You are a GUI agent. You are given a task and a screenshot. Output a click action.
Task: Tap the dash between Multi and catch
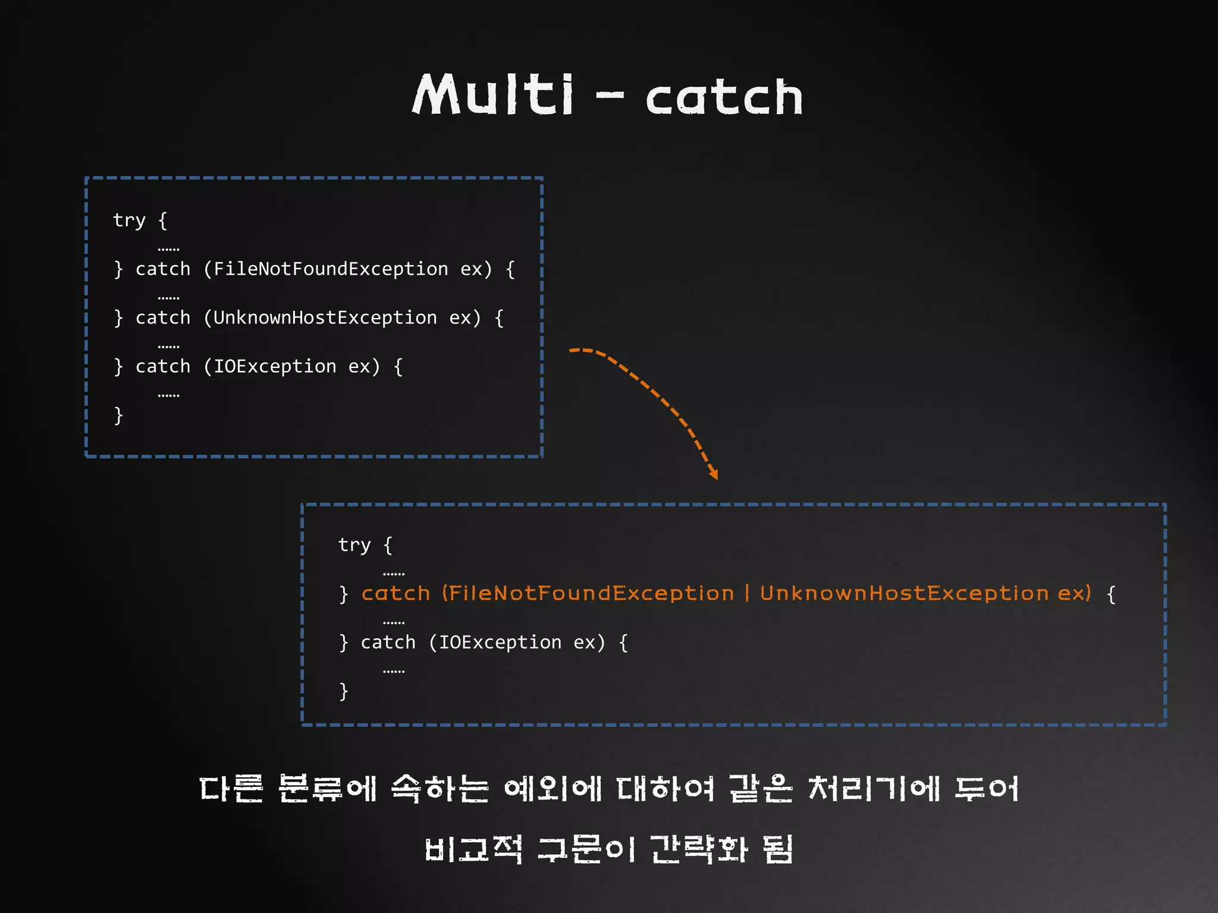[x=610, y=95]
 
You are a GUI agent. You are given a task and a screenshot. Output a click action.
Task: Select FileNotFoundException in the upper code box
[x=330, y=269]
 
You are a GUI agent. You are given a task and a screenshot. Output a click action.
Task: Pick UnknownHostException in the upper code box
[x=325, y=318]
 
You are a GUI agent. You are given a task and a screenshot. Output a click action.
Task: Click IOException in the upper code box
[x=275, y=367]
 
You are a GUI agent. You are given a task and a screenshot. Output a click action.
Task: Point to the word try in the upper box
[x=129, y=221]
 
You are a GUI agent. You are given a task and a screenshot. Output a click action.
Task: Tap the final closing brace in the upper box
[x=118, y=415]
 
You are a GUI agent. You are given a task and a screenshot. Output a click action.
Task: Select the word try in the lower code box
[x=354, y=545]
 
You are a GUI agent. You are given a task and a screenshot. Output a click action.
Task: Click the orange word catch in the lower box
[x=395, y=594]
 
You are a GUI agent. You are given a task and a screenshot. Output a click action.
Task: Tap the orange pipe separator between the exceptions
[x=747, y=594]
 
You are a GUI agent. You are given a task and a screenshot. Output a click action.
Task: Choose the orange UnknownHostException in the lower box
[x=904, y=594]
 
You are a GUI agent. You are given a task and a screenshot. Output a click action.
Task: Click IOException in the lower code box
[x=500, y=643]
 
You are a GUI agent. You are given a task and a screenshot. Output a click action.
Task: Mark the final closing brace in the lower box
[x=343, y=691]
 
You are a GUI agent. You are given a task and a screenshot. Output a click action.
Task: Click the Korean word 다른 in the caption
[x=231, y=789]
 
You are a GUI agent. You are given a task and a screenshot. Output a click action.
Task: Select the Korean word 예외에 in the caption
[x=553, y=789]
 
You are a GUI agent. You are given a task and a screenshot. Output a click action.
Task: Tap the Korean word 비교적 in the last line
[x=473, y=849]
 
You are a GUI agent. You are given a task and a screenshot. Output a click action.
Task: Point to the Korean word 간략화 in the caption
[x=698, y=849]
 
